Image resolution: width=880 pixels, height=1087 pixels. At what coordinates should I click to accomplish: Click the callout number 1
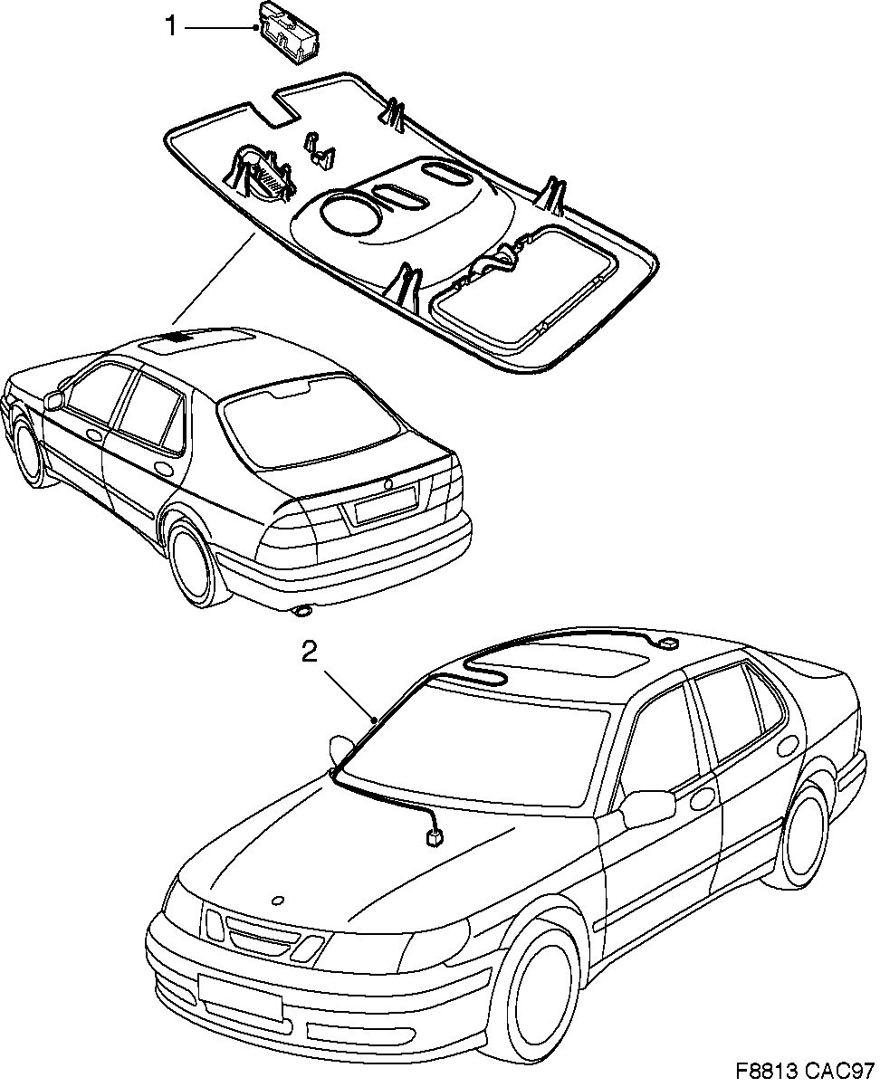[x=169, y=27]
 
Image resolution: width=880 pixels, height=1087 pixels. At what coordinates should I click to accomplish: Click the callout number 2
[x=310, y=653]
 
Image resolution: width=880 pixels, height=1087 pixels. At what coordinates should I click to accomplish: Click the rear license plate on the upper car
[x=385, y=503]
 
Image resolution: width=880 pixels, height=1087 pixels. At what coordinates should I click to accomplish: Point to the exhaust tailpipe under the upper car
[x=301, y=613]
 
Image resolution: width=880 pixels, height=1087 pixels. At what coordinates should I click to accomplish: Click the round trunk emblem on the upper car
[x=388, y=486]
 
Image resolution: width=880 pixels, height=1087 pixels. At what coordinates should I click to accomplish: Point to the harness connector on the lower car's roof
[x=668, y=643]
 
